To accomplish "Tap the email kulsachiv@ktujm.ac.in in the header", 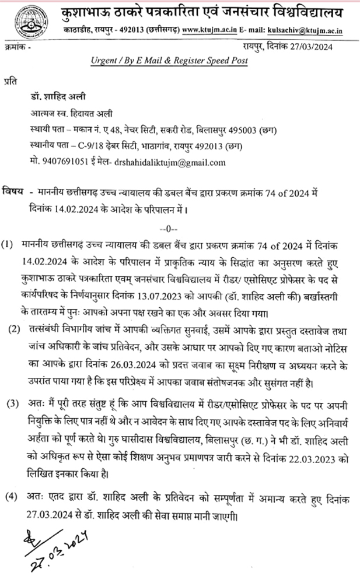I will (x=308, y=27).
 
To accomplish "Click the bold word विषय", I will (x=13, y=191).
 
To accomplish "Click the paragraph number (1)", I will (x=9, y=243).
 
